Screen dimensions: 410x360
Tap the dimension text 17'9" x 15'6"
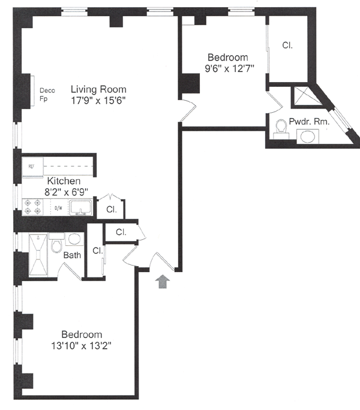click(98, 101)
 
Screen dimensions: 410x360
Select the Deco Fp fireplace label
click(49, 95)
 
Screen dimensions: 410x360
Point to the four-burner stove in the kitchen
click(33, 207)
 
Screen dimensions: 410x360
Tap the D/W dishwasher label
click(58, 208)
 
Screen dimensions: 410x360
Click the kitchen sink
click(79, 207)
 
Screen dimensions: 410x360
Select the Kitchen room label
click(64, 181)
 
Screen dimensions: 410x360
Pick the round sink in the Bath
click(74, 239)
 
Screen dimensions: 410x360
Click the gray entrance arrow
click(163, 281)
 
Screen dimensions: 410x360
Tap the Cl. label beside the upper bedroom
click(287, 46)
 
